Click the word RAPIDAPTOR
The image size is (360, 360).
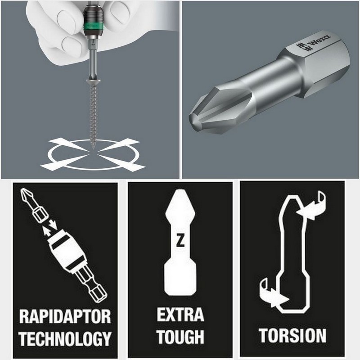click(65, 317)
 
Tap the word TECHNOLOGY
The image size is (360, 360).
click(65, 338)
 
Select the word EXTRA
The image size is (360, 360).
click(180, 315)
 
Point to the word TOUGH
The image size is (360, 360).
click(180, 336)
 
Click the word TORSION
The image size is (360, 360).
click(293, 336)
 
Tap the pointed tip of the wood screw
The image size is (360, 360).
click(93, 148)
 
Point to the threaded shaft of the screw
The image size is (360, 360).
click(93, 115)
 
